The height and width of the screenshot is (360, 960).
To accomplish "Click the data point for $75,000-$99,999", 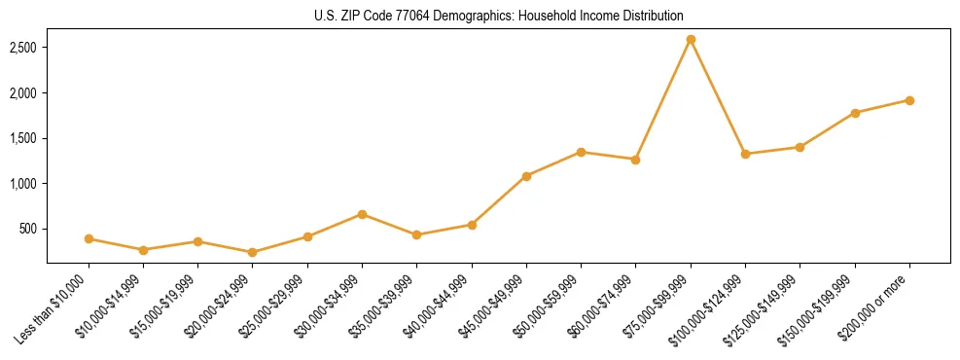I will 691,40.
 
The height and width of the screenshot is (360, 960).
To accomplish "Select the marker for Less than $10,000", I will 89,238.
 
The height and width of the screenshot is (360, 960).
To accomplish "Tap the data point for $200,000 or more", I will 909,100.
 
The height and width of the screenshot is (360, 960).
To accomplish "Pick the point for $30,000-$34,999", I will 362,214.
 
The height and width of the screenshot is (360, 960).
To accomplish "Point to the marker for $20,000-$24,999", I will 253,252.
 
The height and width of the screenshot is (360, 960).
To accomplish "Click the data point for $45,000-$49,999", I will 526,176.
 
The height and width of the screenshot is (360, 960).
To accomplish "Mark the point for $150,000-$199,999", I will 855,113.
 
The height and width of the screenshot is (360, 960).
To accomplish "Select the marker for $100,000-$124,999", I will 745,154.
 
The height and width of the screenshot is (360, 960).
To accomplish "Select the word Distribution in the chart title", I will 653,16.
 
